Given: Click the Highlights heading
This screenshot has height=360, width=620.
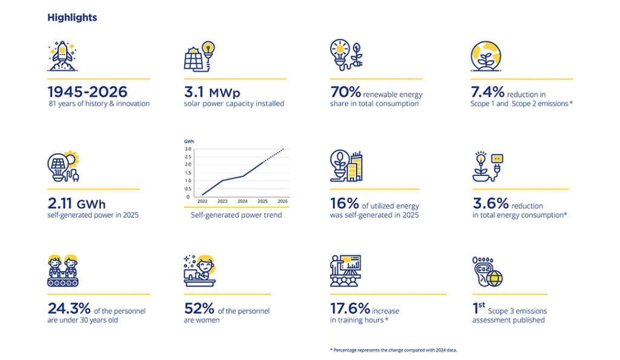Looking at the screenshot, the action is (x=72, y=18).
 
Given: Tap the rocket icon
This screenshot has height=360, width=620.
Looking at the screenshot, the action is (x=62, y=56).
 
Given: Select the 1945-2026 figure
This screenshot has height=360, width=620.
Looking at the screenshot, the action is (x=87, y=92).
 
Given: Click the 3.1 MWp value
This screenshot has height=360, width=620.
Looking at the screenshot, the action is (x=212, y=93).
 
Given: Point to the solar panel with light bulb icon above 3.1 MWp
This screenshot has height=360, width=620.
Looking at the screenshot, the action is (x=200, y=56).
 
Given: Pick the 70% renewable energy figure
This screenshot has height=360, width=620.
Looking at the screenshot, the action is (x=346, y=93).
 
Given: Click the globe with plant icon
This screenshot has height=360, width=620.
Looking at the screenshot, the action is (x=486, y=56).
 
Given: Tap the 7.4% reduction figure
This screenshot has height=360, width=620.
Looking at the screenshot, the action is (x=487, y=93).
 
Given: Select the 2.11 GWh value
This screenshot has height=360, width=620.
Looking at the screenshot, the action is (x=77, y=203).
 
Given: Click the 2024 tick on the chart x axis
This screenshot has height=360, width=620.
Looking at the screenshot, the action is (x=242, y=201).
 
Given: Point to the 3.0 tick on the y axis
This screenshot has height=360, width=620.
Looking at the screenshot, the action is (x=188, y=149).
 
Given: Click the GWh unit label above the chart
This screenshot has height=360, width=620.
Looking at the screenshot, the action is (x=189, y=142).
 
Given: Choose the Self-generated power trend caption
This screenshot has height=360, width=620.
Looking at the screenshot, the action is (x=237, y=215).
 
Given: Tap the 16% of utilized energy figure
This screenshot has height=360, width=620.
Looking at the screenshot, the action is (x=345, y=203).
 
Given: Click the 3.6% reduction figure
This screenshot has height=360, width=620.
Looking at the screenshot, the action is (x=490, y=203).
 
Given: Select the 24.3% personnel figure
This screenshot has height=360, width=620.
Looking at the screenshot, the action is (x=69, y=308).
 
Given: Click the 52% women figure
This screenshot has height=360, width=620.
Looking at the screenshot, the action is (x=199, y=308).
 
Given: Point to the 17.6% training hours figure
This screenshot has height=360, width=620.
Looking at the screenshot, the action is (x=350, y=308).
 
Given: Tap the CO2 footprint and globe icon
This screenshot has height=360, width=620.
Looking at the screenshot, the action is (x=487, y=272).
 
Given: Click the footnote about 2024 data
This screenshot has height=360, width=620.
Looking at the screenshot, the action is (x=394, y=350).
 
